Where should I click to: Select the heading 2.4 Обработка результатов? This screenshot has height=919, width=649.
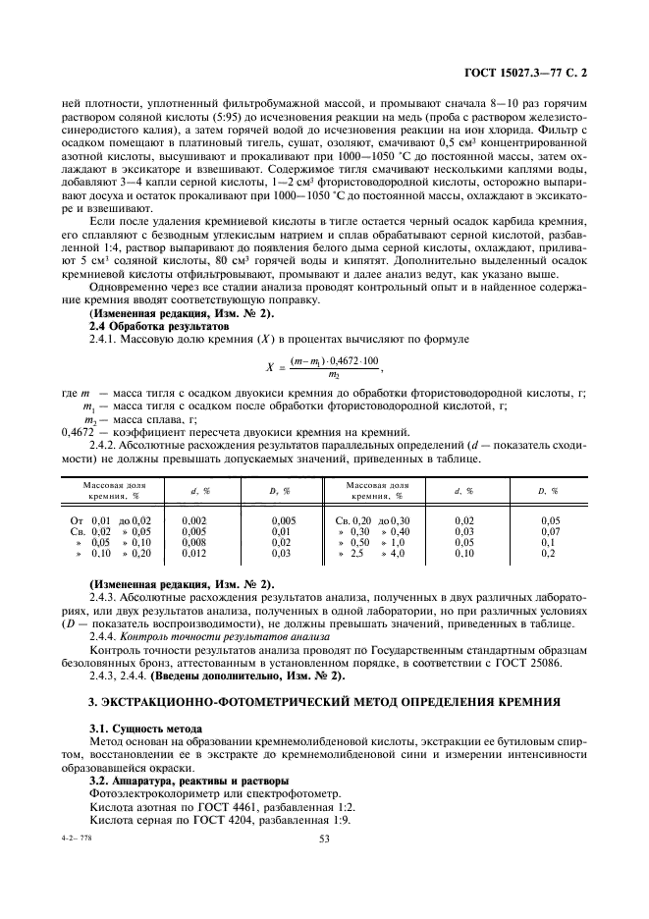[144, 324]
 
